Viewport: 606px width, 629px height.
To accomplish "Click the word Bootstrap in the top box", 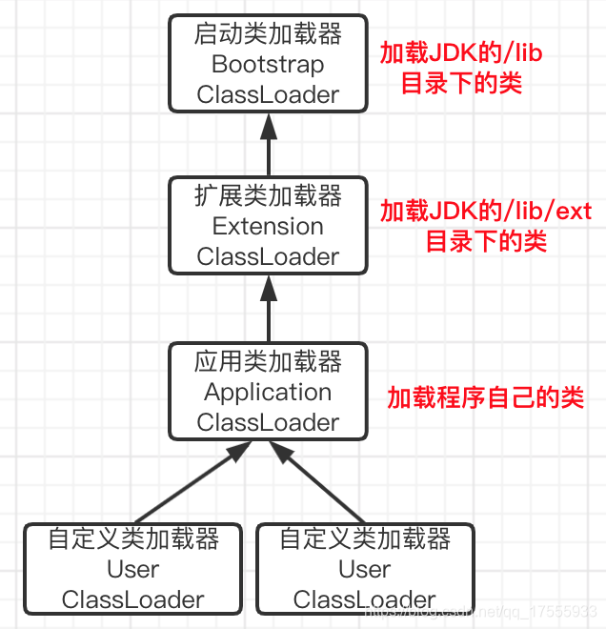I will pos(268,65).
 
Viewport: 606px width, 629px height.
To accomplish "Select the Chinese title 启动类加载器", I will pos(268,35).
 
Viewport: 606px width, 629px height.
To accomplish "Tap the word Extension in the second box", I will pos(268,227).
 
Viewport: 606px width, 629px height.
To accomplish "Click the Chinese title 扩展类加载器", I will pos(268,197).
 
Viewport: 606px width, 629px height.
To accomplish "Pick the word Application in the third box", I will pos(268,393).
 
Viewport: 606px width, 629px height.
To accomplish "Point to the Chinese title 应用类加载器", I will pos(268,362).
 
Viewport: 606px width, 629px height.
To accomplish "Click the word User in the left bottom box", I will pos(133,570).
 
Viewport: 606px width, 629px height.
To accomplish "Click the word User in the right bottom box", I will pos(365,570).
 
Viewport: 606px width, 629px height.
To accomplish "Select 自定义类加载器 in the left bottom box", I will pos(133,539).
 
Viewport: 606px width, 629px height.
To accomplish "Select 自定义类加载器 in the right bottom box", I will pos(365,539).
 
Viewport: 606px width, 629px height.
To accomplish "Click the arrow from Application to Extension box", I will pos(269,307).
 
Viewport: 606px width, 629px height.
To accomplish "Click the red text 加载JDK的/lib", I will pos(461,53).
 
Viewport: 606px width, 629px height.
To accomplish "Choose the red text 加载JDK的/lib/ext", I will pos(486,211).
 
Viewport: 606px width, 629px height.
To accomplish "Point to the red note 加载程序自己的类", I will pos(485,398).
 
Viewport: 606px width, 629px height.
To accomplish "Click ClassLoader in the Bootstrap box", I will pos(268,95).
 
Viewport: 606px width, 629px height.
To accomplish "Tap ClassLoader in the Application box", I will pos(268,422).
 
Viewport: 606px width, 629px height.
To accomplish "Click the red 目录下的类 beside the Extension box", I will pos(486,241).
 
